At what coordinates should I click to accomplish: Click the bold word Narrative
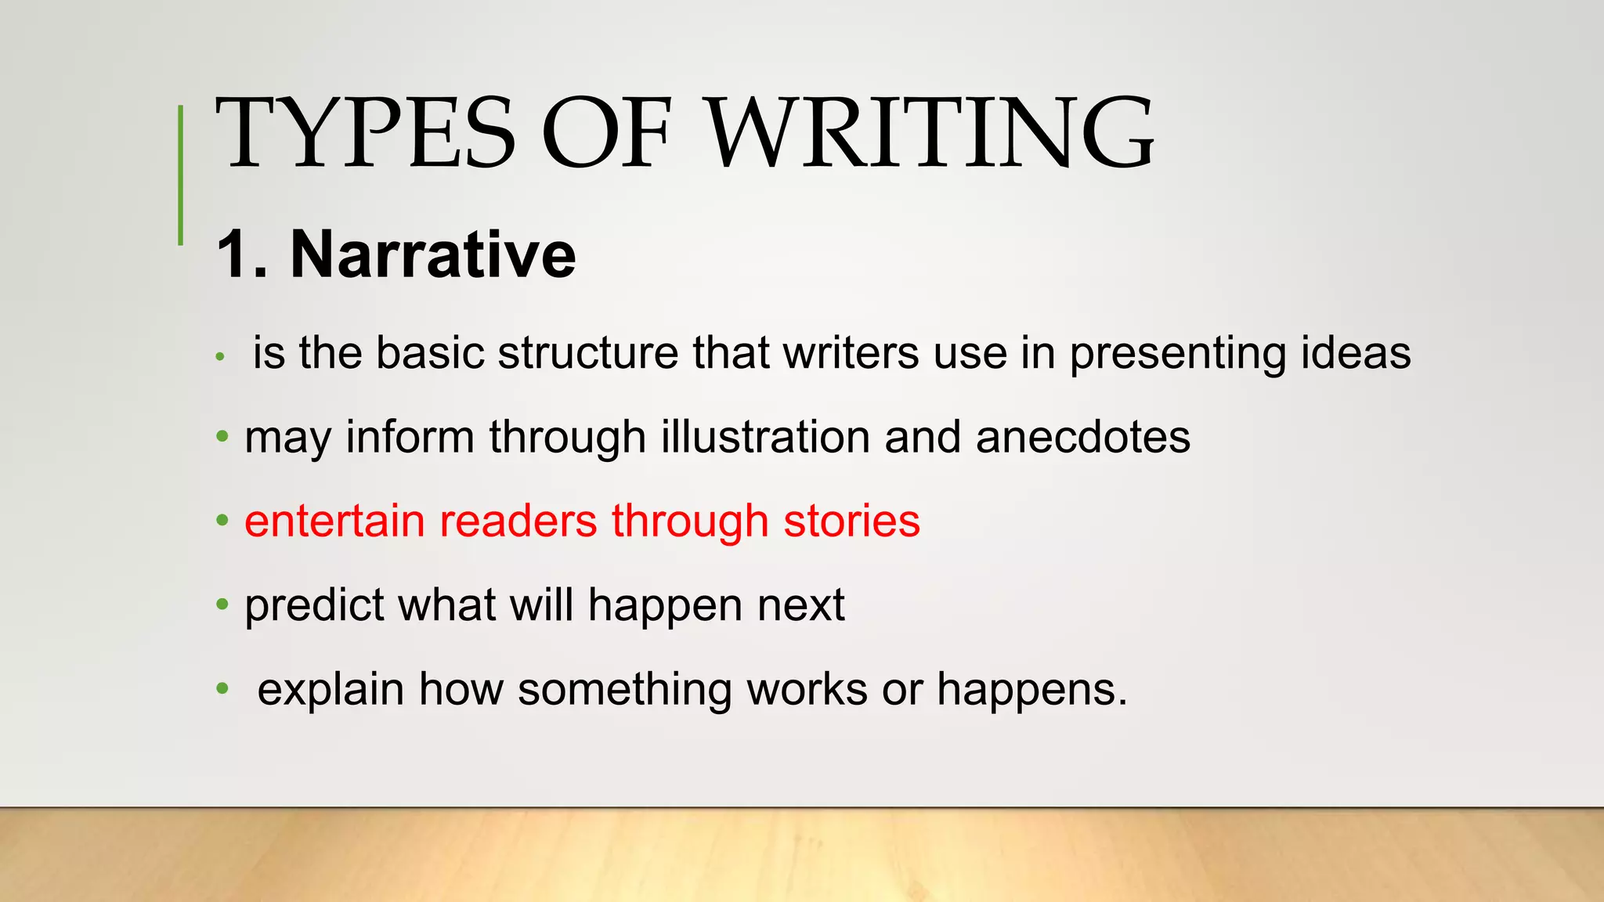433,254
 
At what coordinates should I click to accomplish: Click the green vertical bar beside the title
181,175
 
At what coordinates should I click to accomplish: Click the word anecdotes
1082,437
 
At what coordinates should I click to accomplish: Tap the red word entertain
334,521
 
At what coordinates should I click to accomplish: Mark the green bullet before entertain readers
222,520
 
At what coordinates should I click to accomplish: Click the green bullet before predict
222,604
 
